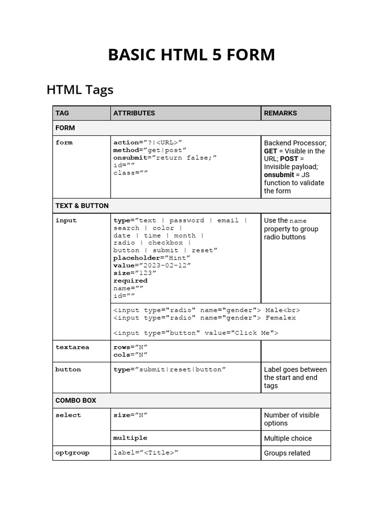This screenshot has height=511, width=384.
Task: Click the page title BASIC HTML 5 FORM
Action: point(191,55)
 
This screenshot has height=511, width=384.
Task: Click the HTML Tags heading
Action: point(80,90)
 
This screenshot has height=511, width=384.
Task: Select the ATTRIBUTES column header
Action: point(134,113)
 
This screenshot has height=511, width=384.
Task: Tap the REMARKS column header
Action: point(280,113)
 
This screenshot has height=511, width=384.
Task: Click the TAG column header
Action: point(62,113)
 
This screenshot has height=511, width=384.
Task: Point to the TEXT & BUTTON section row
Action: point(82,206)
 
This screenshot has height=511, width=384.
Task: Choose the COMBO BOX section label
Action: point(76,401)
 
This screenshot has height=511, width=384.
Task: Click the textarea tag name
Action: point(72,347)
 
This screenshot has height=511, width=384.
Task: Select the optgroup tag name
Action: point(72,453)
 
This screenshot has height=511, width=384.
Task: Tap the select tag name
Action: point(68,415)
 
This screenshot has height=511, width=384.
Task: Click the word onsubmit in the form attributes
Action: point(128,158)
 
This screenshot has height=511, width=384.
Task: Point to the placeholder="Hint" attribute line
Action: point(151,258)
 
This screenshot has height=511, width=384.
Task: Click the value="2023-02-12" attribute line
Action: point(152,265)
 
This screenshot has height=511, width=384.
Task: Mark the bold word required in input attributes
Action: point(130,280)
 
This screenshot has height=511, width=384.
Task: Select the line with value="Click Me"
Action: point(195,333)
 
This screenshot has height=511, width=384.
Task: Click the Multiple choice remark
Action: point(287,439)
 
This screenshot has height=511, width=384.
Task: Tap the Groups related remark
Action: point(287,453)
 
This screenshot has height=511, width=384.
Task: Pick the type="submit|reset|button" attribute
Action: point(169,370)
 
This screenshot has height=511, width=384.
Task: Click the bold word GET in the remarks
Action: point(270,151)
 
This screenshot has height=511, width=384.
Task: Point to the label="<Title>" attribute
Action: point(146,453)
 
